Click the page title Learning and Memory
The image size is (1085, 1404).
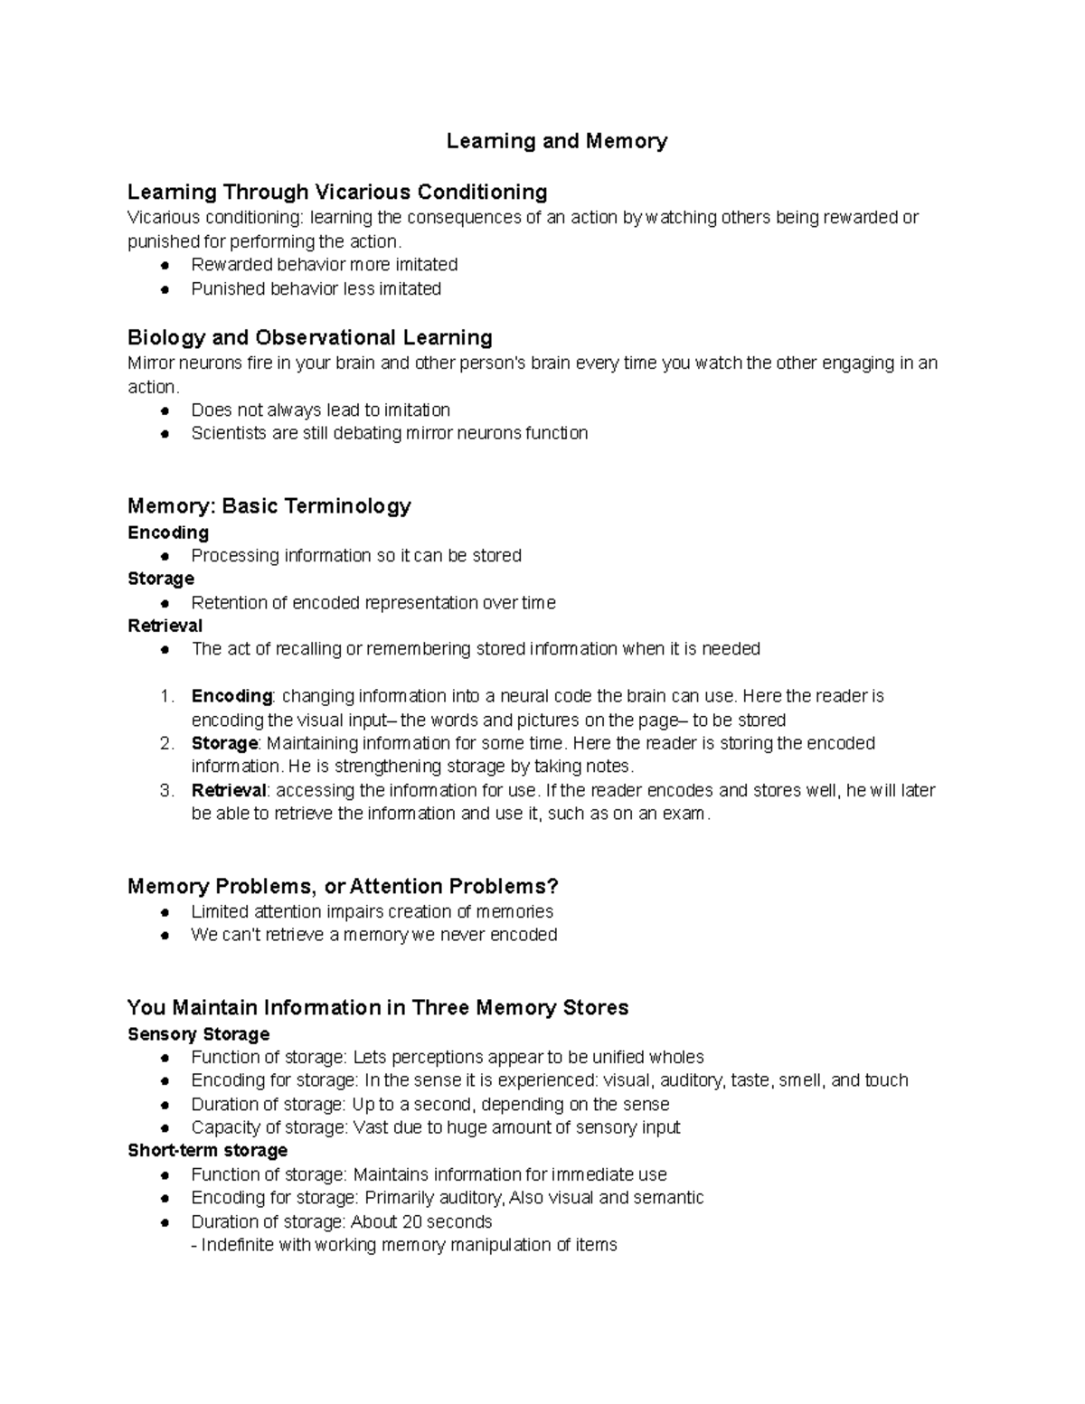[x=556, y=141]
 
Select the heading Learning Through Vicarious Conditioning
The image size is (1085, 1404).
[x=337, y=192]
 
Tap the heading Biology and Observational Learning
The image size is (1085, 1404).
[x=310, y=337]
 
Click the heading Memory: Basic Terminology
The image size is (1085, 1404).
[x=269, y=505]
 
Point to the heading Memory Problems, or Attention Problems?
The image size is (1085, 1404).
[x=344, y=886]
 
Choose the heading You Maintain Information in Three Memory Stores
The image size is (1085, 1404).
[x=378, y=1007]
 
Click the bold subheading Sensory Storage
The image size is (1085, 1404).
[x=199, y=1033]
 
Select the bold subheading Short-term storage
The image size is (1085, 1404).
[x=208, y=1150]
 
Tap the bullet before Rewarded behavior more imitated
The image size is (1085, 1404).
[x=165, y=265]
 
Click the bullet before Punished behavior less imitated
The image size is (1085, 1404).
[x=165, y=289]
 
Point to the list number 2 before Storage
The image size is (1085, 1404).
[x=166, y=743]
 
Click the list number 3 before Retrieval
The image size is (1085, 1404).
[x=166, y=790]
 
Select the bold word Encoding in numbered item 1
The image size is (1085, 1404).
[x=231, y=696]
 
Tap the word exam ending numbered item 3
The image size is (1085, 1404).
[x=684, y=814]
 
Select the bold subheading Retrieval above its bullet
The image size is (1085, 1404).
[x=165, y=626]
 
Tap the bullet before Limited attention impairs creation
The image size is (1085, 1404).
[x=165, y=912]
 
